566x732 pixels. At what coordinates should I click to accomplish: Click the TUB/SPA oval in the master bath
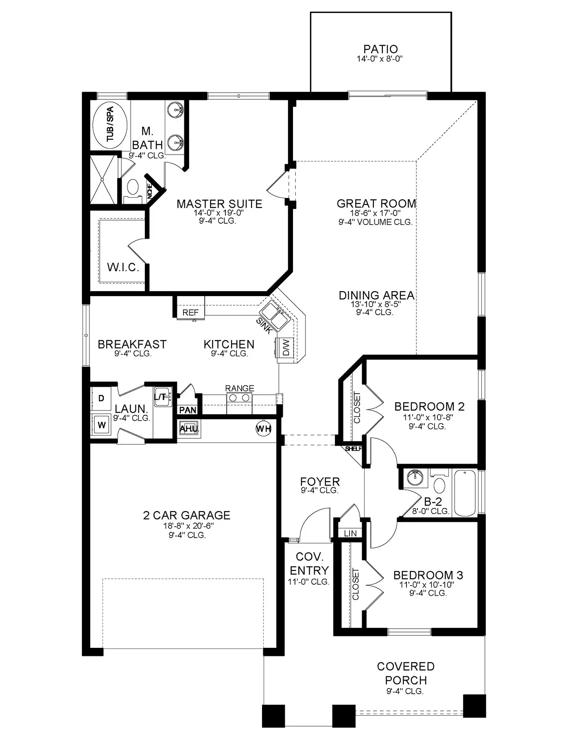110,124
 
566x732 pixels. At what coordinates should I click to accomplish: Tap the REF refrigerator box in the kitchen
190,312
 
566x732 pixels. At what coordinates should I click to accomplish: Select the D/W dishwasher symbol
286,347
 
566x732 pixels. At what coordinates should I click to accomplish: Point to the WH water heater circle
263,428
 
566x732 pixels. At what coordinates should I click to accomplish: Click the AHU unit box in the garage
189,429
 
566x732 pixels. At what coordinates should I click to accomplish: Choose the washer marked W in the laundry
102,425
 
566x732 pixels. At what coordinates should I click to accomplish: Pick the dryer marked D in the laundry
101,398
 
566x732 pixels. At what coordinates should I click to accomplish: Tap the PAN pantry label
188,410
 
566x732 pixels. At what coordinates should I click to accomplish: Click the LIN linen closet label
350,533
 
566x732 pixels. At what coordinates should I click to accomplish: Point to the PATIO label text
380,49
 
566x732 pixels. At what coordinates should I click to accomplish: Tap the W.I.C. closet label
123,267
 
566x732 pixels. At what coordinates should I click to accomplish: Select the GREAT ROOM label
376,203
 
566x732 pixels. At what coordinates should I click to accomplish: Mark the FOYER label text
320,481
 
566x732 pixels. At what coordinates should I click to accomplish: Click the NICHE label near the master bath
150,191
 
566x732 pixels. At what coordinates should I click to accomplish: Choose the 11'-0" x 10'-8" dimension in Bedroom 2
427,417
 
